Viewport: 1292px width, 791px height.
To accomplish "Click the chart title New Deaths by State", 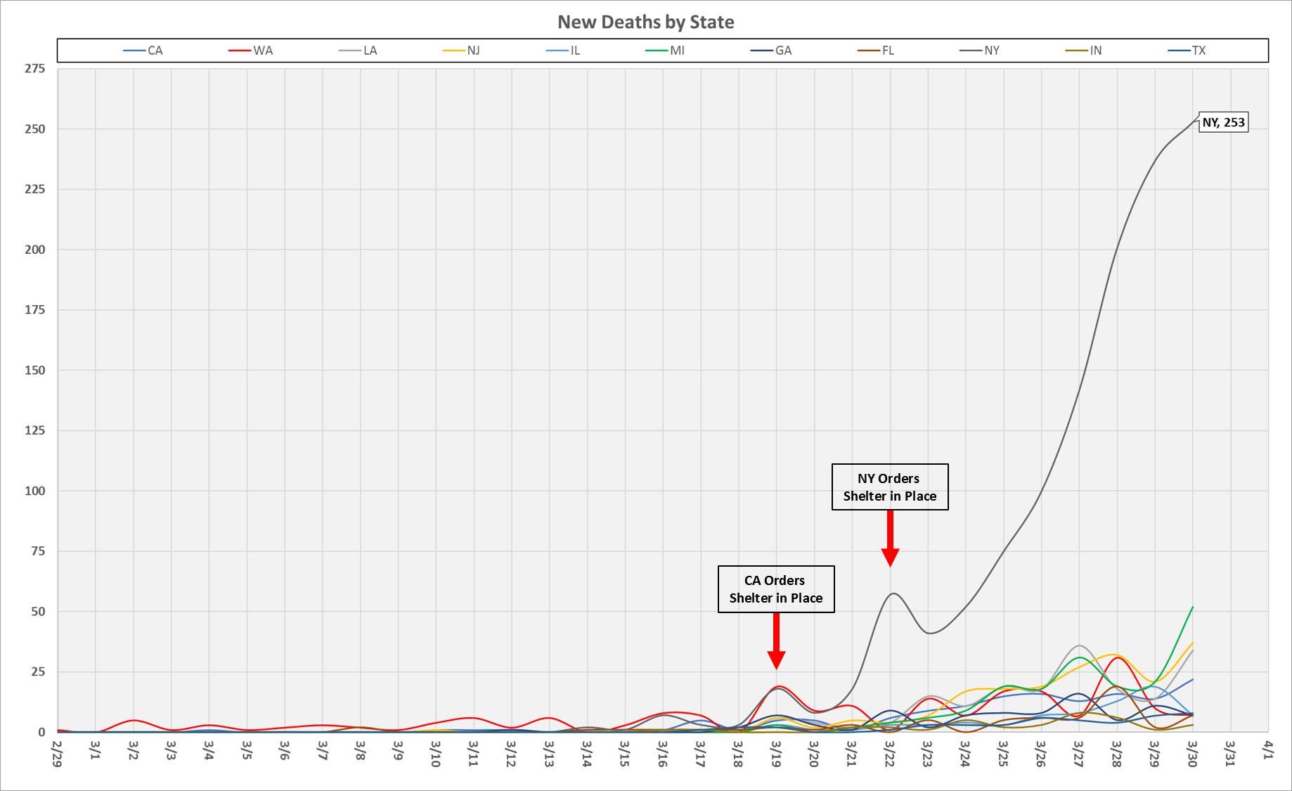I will point(645,22).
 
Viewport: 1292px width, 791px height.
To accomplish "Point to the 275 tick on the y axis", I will point(34,68).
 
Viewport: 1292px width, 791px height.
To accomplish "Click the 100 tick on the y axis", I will point(34,491).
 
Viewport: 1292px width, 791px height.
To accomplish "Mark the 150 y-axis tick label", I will point(34,370).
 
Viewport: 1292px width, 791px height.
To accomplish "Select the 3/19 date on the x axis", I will point(776,753).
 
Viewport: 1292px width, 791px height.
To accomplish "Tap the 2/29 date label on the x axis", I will point(57,753).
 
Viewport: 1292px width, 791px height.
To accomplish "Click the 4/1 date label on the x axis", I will point(1267,749).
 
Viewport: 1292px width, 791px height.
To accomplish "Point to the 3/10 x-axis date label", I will point(435,753).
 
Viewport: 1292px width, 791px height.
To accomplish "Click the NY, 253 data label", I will point(1223,122).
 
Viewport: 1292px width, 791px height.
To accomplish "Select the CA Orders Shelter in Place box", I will point(776,589).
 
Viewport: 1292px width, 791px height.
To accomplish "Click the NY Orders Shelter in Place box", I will point(890,487).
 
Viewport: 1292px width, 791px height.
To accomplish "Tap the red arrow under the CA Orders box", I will point(776,641).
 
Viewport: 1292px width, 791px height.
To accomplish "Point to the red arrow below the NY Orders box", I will point(890,538).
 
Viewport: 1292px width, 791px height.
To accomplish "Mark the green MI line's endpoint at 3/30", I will point(1193,607).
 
